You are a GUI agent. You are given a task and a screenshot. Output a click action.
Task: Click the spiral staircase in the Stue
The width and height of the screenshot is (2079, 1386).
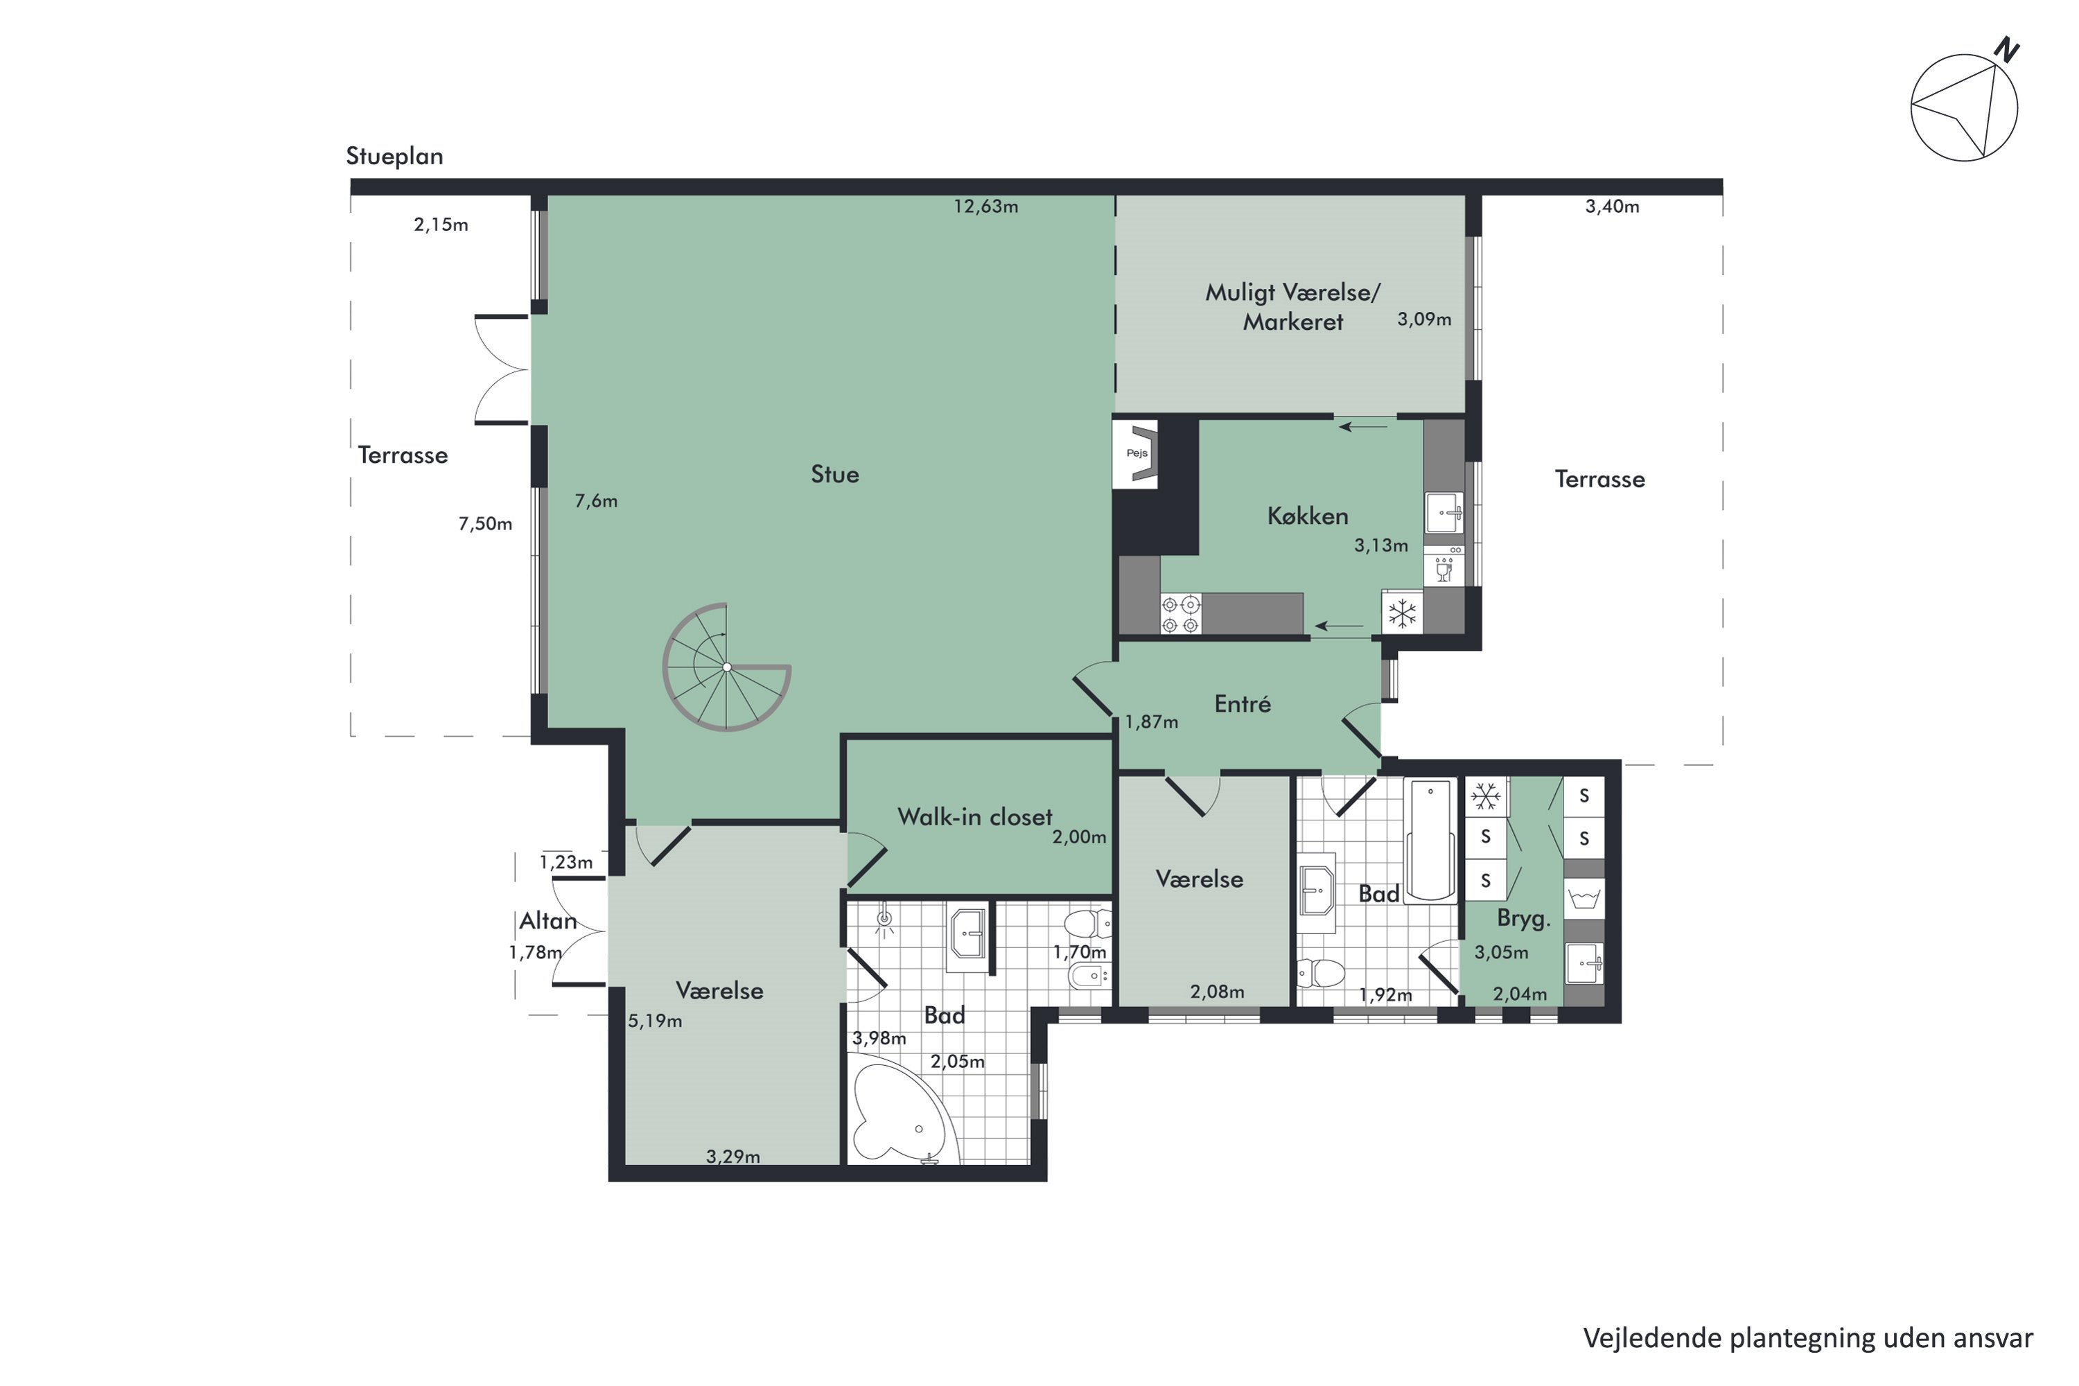click(726, 667)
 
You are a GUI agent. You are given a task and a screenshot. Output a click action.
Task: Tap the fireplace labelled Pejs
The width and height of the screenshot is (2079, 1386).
click(1137, 453)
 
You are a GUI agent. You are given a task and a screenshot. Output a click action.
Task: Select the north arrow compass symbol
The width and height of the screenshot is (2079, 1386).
click(1964, 106)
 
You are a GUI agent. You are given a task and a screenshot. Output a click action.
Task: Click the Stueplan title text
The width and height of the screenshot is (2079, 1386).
click(394, 157)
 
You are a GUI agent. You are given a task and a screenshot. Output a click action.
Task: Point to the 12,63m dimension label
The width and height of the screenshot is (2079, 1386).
click(985, 207)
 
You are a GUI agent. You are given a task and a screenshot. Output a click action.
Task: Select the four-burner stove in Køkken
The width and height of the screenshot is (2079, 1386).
click(1181, 614)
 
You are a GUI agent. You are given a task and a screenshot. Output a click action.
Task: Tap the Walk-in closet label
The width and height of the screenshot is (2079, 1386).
click(975, 817)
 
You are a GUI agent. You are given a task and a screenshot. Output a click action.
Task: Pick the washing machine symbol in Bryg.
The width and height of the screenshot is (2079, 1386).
click(1584, 899)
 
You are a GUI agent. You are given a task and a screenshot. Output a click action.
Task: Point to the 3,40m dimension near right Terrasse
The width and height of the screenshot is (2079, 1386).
click(1611, 207)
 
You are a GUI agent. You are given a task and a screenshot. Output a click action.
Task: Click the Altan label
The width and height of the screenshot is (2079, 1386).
click(548, 921)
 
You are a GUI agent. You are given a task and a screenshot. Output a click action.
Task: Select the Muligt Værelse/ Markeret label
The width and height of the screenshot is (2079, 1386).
click(1292, 307)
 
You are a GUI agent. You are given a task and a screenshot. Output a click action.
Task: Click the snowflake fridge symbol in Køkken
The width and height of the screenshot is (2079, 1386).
click(1402, 613)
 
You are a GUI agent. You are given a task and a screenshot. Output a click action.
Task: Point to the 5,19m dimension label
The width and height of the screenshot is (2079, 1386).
click(655, 1021)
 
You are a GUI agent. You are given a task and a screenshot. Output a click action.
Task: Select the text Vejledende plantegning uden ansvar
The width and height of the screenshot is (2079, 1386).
click(1807, 1337)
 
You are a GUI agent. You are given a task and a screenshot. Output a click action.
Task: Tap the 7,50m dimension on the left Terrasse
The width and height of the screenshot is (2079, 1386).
click(485, 524)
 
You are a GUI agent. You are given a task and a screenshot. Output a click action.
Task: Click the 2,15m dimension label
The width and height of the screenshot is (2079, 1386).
click(441, 225)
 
